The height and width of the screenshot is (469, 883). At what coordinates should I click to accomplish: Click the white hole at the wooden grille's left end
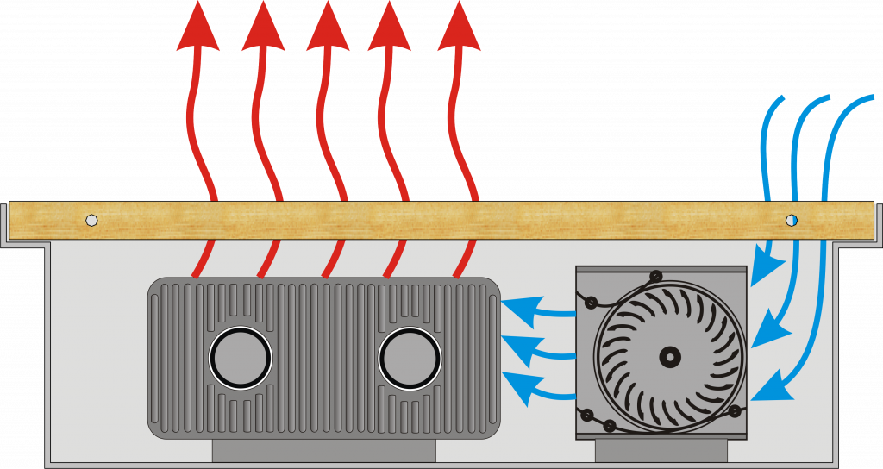91,220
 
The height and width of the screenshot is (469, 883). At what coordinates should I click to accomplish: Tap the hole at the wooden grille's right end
792,220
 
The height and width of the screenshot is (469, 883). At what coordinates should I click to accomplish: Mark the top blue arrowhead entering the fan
760,271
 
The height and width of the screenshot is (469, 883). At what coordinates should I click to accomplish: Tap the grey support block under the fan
661,449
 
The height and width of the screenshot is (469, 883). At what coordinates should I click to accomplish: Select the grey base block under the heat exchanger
323,449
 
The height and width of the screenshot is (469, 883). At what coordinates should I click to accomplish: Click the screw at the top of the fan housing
656,276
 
